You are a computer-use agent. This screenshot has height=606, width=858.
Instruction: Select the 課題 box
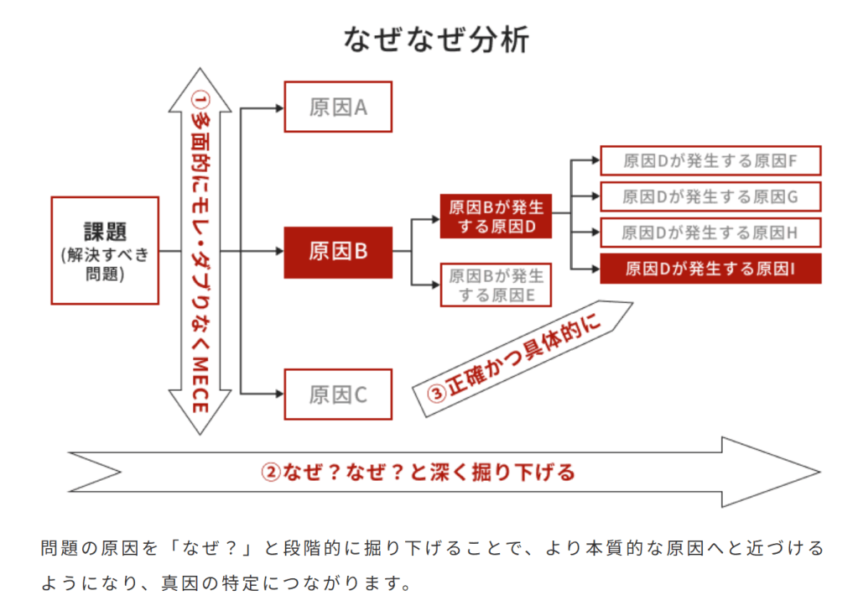pyautogui.click(x=105, y=250)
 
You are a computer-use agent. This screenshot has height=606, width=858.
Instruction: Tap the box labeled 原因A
pyautogui.click(x=338, y=107)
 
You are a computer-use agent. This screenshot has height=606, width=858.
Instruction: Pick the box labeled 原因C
pyautogui.click(x=338, y=394)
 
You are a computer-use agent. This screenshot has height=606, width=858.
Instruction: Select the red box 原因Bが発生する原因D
pyautogui.click(x=496, y=216)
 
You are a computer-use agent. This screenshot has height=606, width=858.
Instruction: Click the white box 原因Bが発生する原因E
pyautogui.click(x=496, y=285)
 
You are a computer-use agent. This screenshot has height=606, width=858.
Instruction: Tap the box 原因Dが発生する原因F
pyautogui.click(x=710, y=160)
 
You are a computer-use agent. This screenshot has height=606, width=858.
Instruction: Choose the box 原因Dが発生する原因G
pyautogui.click(x=710, y=196)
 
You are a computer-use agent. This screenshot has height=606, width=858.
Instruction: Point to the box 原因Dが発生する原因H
pyautogui.click(x=710, y=232)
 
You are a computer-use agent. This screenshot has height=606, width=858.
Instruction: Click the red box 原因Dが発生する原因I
pyautogui.click(x=710, y=269)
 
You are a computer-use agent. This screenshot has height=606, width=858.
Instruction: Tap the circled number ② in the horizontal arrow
pyautogui.click(x=270, y=472)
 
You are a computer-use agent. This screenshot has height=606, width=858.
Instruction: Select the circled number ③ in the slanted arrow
pyautogui.click(x=437, y=393)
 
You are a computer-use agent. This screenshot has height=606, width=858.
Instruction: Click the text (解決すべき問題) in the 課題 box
pyautogui.click(x=105, y=264)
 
